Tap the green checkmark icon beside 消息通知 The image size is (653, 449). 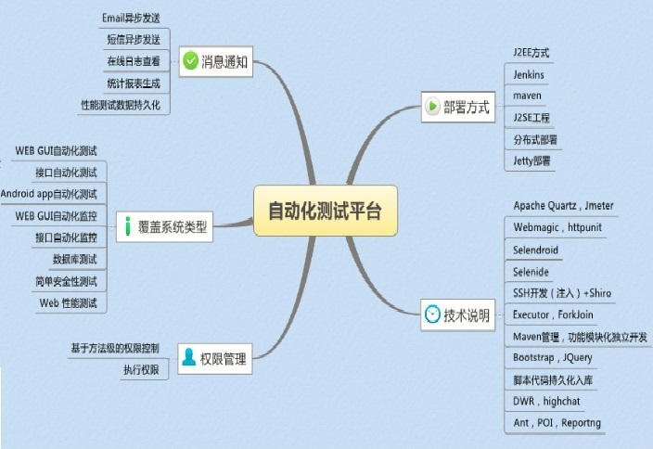190,62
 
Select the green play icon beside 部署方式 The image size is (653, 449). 433,106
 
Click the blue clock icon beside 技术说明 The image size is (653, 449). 433,314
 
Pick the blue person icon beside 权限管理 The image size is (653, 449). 189,357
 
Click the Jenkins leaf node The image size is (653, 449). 529,74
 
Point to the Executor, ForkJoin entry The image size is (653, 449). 553,314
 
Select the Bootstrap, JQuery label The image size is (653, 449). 552,357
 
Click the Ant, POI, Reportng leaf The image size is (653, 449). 557,423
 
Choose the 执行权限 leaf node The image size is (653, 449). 141,370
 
